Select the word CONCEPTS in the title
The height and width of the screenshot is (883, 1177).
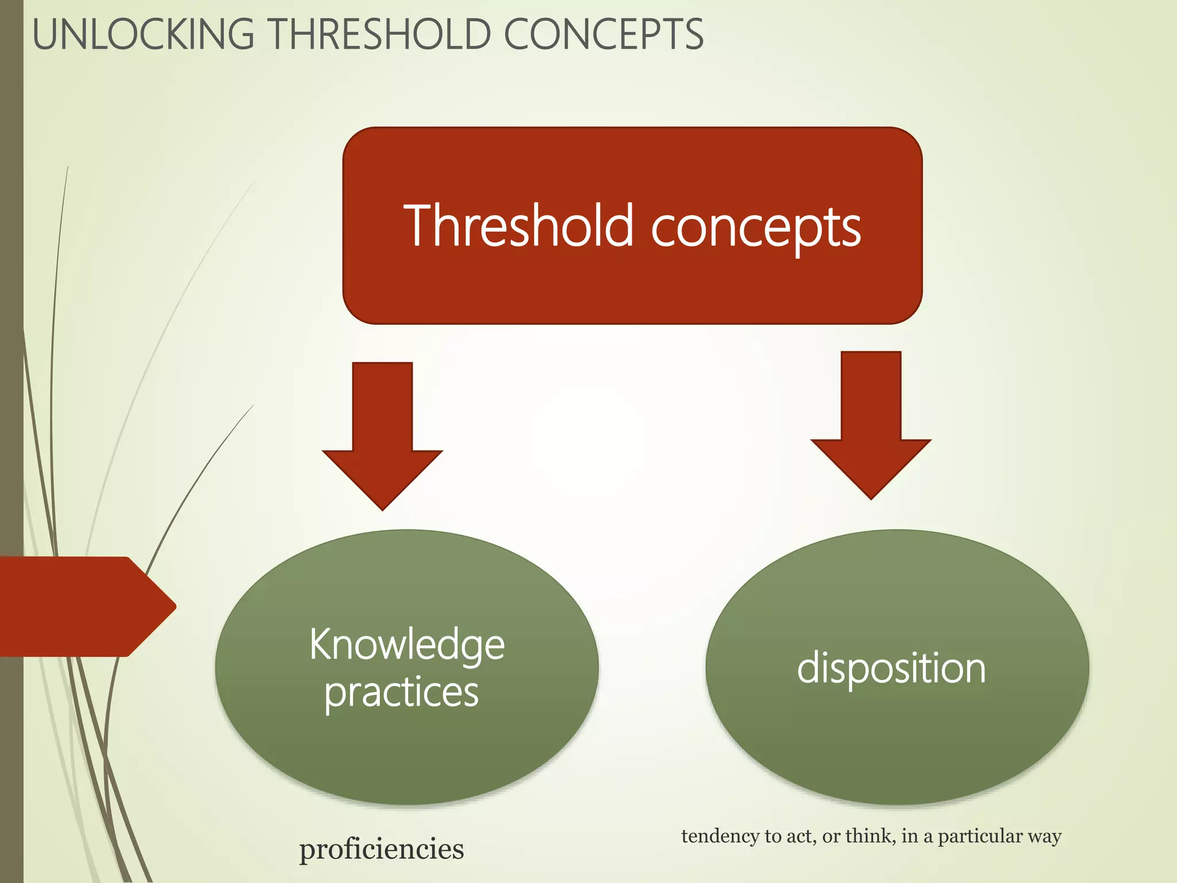pyautogui.click(x=603, y=34)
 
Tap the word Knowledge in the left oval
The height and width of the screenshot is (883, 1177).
pyautogui.click(x=407, y=645)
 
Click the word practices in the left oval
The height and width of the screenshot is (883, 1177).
pyautogui.click(x=401, y=692)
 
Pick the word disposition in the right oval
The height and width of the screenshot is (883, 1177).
pyautogui.click(x=891, y=668)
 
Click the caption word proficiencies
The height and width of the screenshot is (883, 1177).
pyautogui.click(x=382, y=849)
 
